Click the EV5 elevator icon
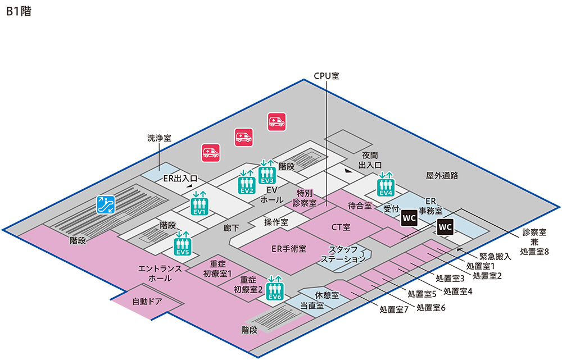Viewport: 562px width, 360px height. click(x=183, y=246)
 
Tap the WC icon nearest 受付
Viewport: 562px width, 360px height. click(x=409, y=217)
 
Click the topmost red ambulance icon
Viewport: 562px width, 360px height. click(x=277, y=122)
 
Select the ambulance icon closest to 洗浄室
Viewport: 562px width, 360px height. click(x=211, y=152)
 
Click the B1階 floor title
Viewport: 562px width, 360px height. click(x=19, y=12)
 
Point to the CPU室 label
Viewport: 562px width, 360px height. click(x=326, y=75)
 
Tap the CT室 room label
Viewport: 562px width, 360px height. click(x=341, y=227)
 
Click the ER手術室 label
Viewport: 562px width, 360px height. click(x=289, y=248)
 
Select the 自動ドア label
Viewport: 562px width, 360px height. click(x=147, y=301)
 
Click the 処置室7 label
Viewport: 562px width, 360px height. click(x=393, y=309)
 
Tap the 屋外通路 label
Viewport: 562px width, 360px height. click(x=442, y=175)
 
